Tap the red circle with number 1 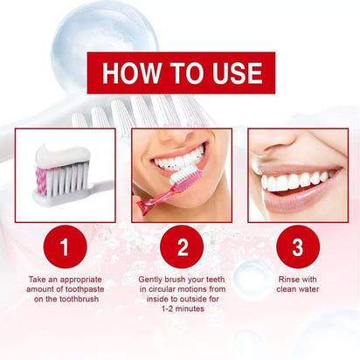[x=64, y=247]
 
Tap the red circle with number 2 [x=182, y=247]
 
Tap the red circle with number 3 [x=296, y=247]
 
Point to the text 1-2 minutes [x=181, y=308]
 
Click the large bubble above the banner [x=105, y=35]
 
